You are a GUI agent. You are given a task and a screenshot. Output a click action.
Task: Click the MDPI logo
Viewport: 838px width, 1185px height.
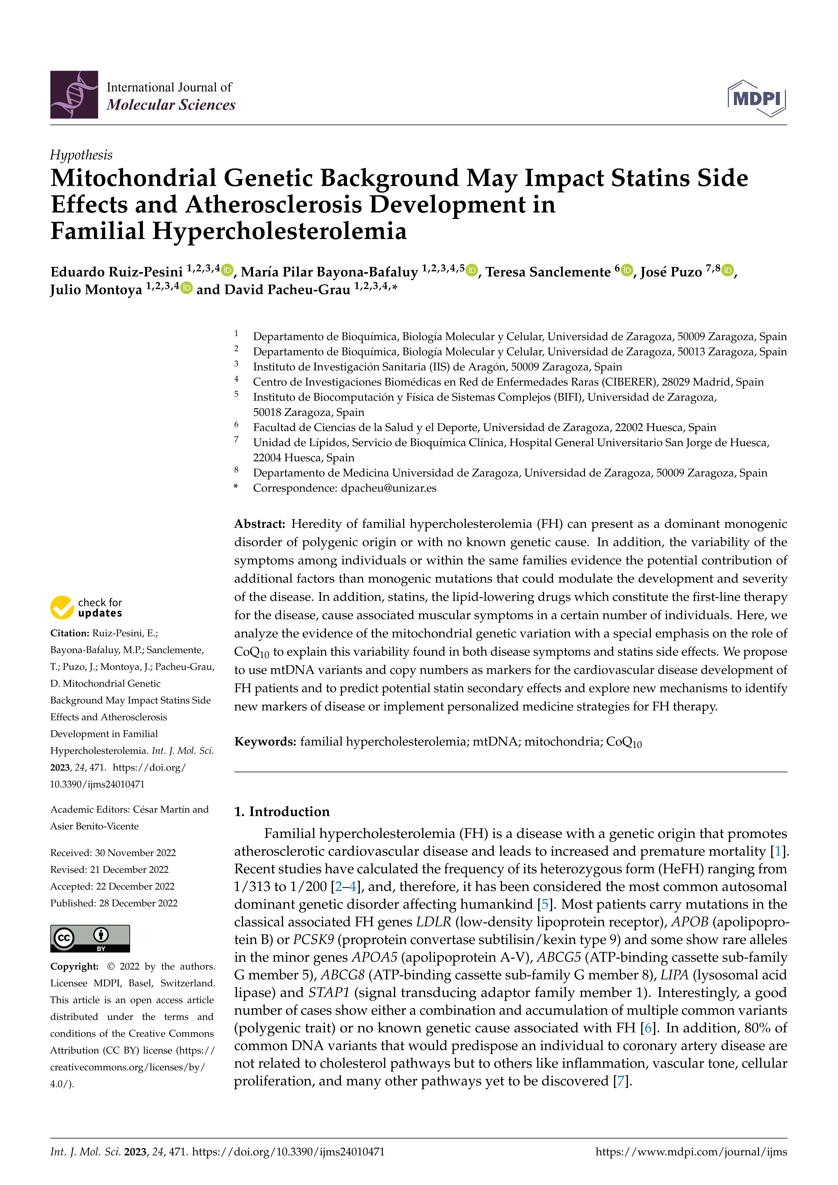[757, 98]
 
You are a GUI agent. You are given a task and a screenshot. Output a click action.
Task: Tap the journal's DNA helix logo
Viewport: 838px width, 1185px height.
[74, 95]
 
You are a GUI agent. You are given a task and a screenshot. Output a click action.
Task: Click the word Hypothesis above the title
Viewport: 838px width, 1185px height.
[81, 155]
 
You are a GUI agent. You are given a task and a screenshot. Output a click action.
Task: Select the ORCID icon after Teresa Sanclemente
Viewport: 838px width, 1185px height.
[627, 270]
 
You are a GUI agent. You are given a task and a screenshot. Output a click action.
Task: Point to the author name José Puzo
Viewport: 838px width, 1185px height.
[671, 272]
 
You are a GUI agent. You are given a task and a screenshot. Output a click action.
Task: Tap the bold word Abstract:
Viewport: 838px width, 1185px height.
[260, 524]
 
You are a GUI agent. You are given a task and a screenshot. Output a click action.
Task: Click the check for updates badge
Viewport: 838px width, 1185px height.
[86, 608]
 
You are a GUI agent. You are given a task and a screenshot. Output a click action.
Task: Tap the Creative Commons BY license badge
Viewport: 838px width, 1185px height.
[90, 939]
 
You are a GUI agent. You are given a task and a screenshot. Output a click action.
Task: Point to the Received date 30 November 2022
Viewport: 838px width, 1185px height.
[113, 853]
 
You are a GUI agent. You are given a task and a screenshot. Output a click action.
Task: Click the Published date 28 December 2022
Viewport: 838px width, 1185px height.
[114, 903]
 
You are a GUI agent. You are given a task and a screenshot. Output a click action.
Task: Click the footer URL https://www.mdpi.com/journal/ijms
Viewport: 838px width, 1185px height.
[691, 1152]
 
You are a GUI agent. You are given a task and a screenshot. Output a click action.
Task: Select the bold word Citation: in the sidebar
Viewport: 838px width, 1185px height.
[70, 633]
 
